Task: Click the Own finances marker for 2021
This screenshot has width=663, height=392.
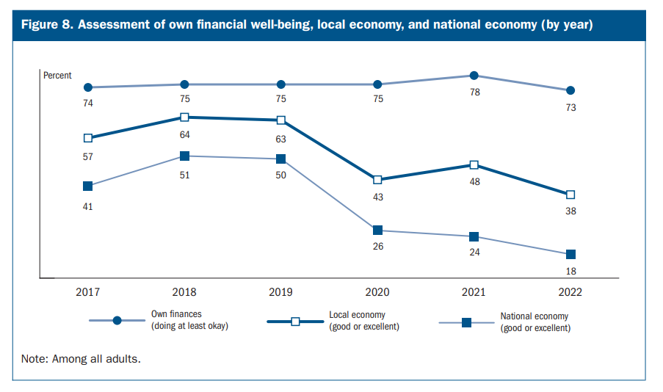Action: pyautogui.click(x=474, y=76)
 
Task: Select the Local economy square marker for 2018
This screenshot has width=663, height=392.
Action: pyautogui.click(x=185, y=117)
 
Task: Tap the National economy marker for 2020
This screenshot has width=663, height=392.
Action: pyautogui.click(x=377, y=231)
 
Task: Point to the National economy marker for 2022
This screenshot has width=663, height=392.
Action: pyautogui.click(x=570, y=255)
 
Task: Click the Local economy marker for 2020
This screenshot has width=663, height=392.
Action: pyautogui.click(x=377, y=180)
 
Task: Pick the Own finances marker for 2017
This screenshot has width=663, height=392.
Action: pyautogui.click(x=88, y=87)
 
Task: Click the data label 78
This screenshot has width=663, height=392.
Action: pyautogui.click(x=474, y=92)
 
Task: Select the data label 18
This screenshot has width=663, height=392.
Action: pyautogui.click(x=570, y=271)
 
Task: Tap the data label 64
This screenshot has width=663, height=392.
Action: pyautogui.click(x=185, y=134)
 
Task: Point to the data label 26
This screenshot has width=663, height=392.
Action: pyautogui.click(x=377, y=247)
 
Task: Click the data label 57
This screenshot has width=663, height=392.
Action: pyautogui.click(x=88, y=156)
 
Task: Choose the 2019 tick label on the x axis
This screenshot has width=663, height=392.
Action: pyautogui.click(x=281, y=292)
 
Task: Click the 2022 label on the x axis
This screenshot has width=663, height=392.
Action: pyautogui.click(x=570, y=292)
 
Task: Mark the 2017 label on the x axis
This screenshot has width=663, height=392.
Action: pyautogui.click(x=88, y=292)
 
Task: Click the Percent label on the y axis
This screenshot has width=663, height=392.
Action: pyautogui.click(x=57, y=76)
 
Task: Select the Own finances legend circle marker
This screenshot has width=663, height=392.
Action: pyautogui.click(x=117, y=321)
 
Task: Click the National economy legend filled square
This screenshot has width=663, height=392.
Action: pyautogui.click(x=466, y=322)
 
